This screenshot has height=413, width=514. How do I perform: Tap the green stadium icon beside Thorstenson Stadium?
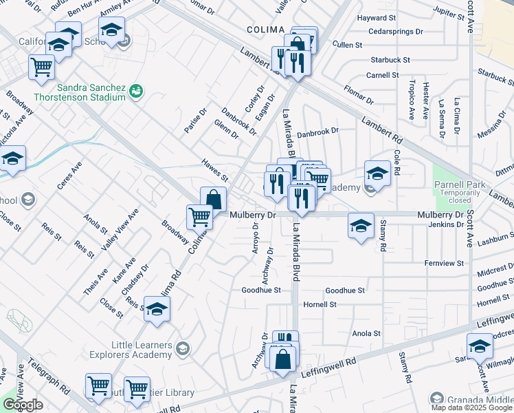[137, 90]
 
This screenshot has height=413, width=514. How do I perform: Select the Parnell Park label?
[459, 184]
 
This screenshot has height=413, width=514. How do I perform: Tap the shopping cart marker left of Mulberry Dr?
[199, 217]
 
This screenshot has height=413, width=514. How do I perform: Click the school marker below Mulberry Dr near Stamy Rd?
[361, 225]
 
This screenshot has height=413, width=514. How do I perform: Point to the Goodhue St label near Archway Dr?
[261, 290]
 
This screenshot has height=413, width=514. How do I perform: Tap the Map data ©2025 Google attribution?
[471, 407]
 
